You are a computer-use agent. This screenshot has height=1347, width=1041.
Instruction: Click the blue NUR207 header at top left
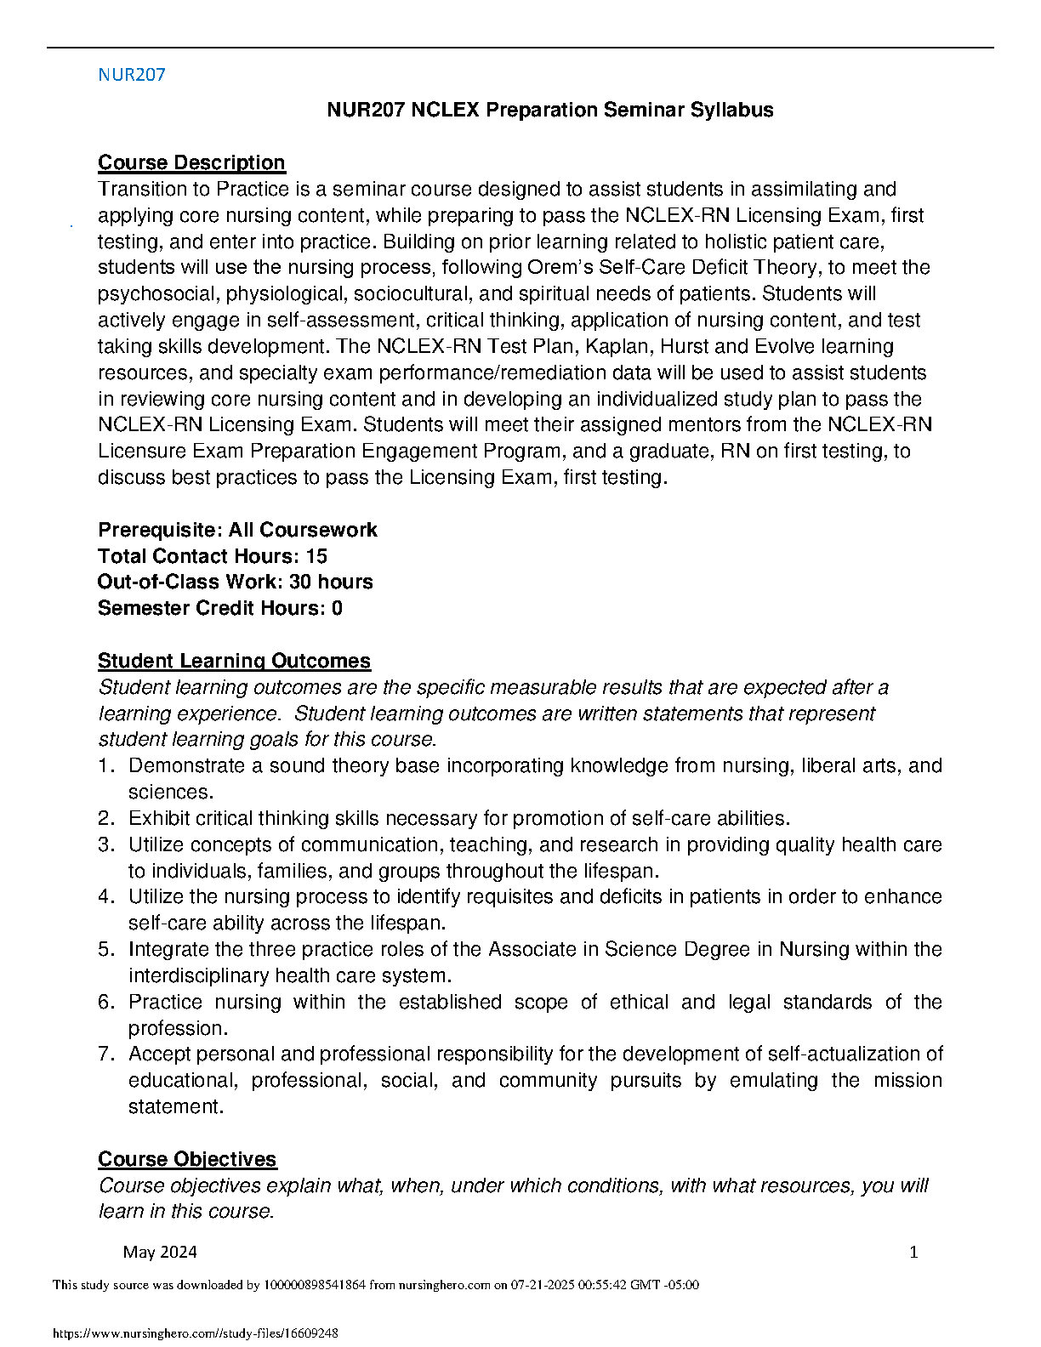point(132,75)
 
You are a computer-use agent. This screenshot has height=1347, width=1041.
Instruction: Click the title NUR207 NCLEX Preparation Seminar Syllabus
point(550,110)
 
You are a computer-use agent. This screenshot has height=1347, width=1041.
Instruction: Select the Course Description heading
point(191,162)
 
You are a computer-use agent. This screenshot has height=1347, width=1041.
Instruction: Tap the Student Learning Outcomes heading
point(234,661)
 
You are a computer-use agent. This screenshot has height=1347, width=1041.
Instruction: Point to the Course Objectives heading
point(187,1159)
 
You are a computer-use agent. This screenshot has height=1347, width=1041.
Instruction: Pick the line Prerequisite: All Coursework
point(237,530)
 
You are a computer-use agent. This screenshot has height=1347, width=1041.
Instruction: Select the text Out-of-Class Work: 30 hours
point(235,582)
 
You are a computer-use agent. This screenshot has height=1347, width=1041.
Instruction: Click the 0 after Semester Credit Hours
point(337,608)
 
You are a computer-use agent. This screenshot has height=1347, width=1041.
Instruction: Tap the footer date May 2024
point(160,1252)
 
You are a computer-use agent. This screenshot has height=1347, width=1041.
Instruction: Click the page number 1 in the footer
point(913,1252)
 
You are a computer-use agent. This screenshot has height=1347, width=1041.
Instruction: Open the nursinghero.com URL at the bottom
point(196,1333)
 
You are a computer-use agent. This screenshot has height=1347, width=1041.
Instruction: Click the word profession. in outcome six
point(178,1028)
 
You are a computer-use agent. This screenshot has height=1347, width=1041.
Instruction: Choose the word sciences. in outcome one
point(170,792)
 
